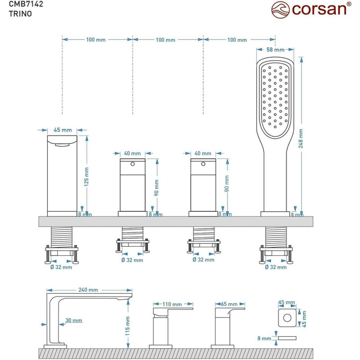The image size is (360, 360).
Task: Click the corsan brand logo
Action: tap(311, 9)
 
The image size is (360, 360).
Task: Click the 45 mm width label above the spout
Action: tap(62, 130)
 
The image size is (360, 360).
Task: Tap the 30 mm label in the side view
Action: tap(74, 320)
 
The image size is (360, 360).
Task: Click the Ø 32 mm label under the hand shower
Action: tap(275, 267)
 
